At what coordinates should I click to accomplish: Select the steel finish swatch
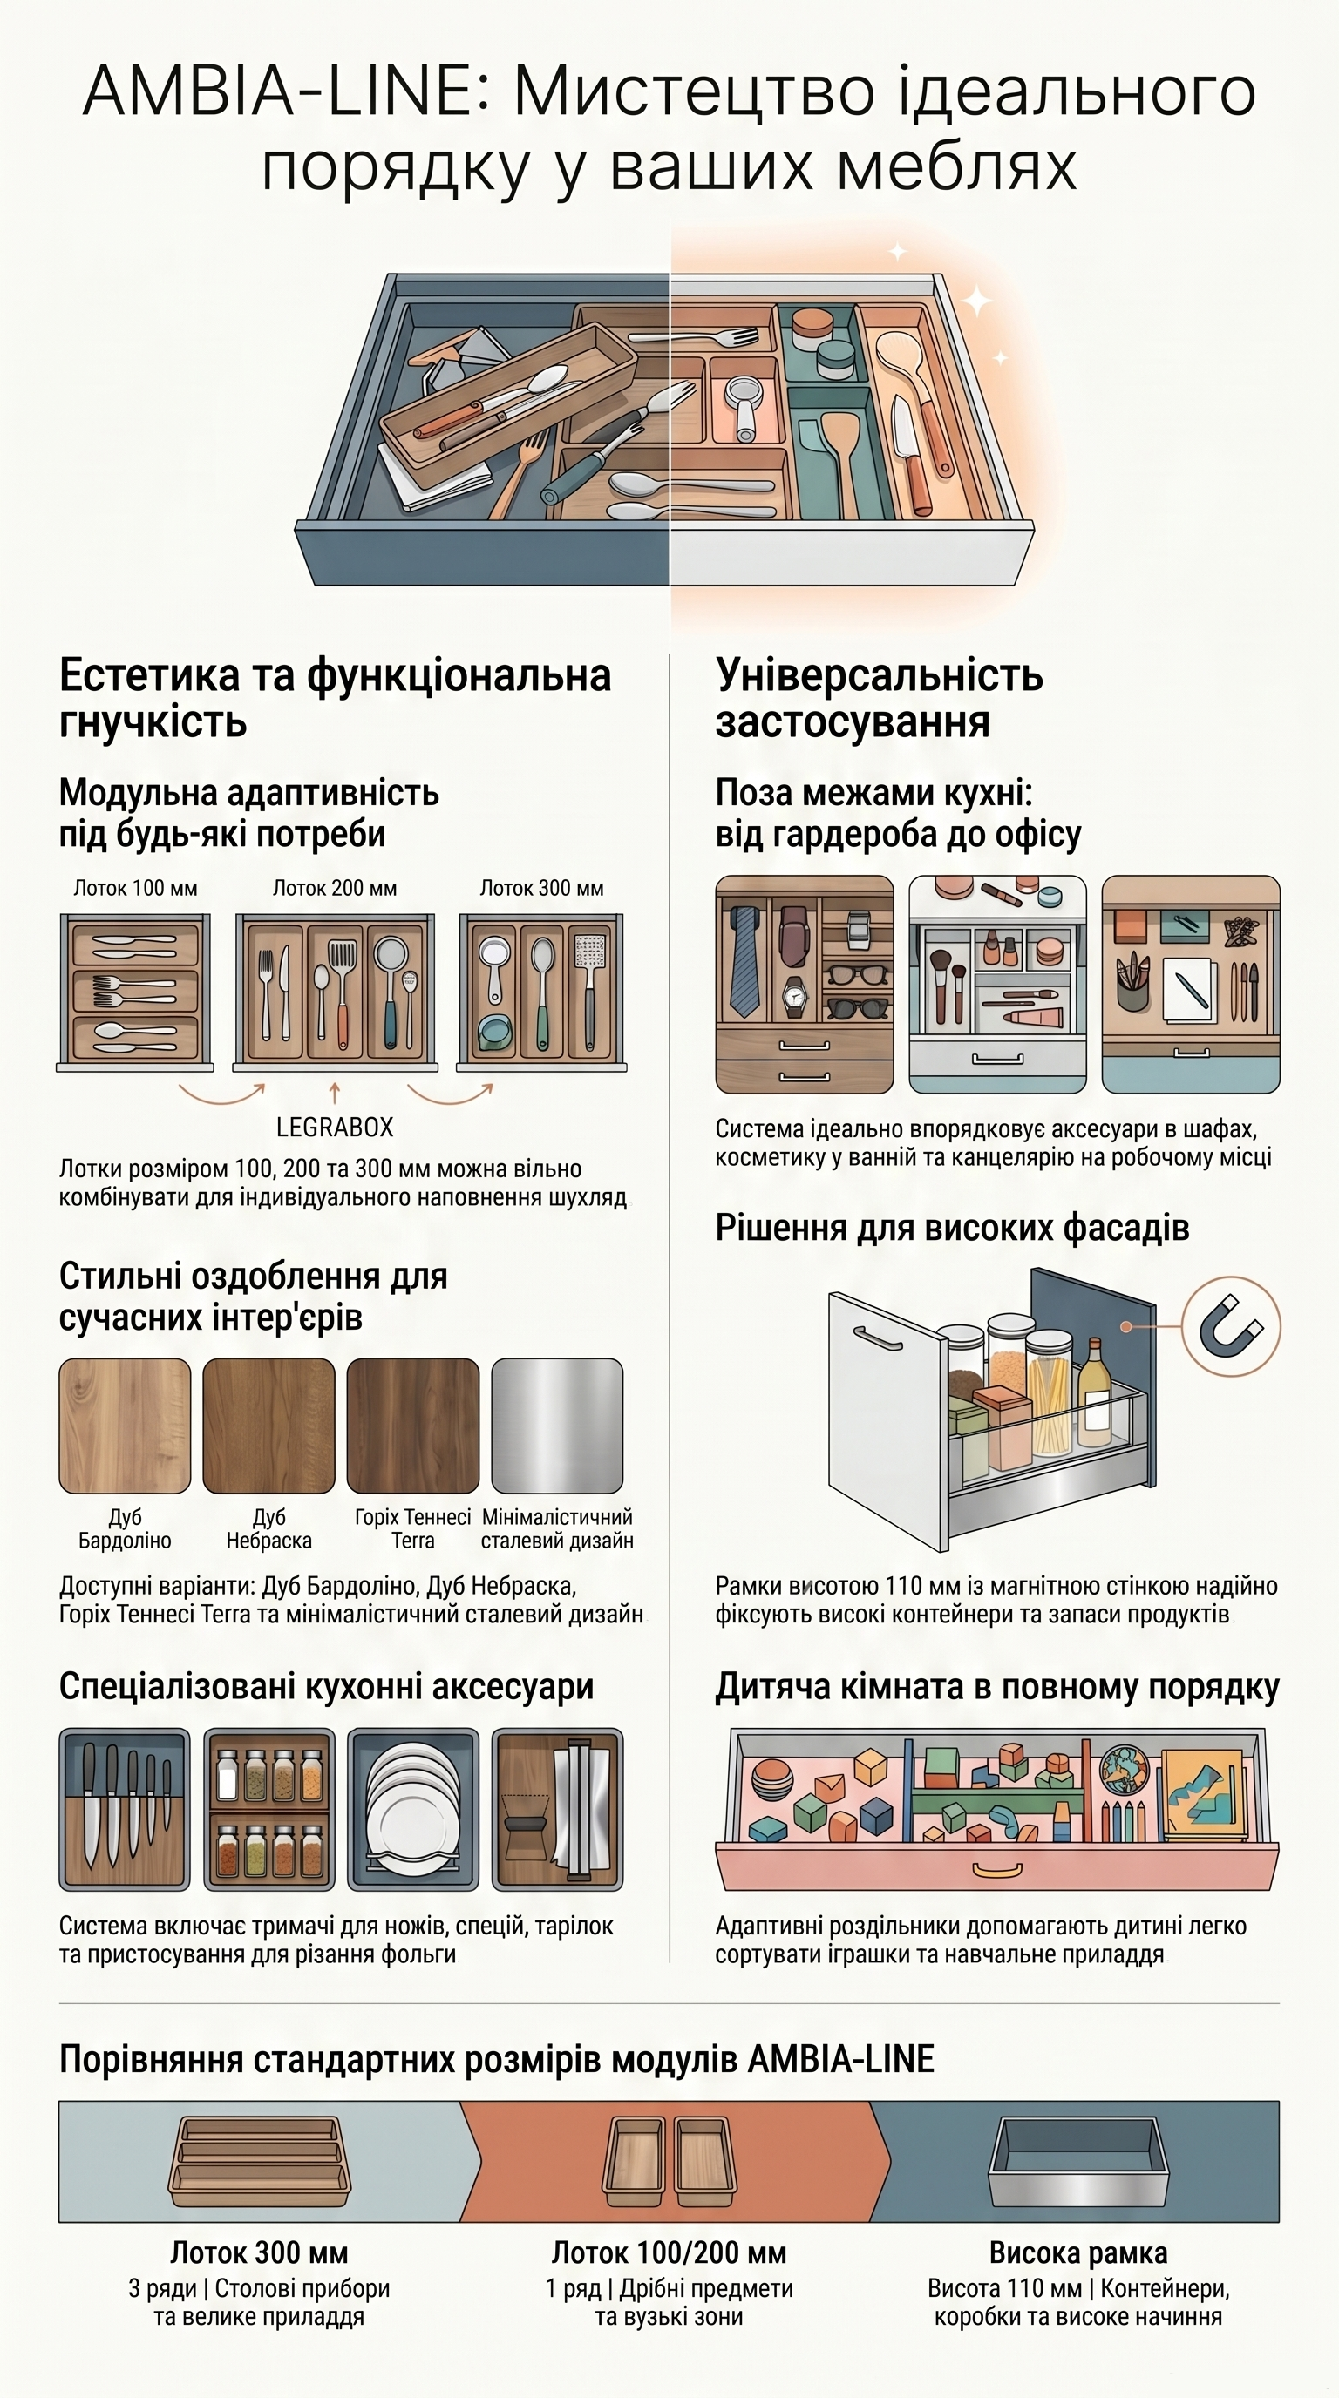point(557,1426)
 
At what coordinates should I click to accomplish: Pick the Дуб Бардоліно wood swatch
point(125,1426)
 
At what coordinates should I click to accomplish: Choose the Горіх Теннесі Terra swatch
point(412,1426)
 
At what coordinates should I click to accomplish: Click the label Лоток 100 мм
point(136,888)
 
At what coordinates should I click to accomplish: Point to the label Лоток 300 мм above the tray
point(542,888)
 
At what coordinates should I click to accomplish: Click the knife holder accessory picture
point(125,1810)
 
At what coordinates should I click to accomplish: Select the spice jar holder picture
point(269,1810)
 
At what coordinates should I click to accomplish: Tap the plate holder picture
point(412,1810)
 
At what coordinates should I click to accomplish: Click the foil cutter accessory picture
point(557,1810)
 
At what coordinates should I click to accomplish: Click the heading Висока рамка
point(1078,2252)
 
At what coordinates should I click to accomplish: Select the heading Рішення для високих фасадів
point(953,1228)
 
